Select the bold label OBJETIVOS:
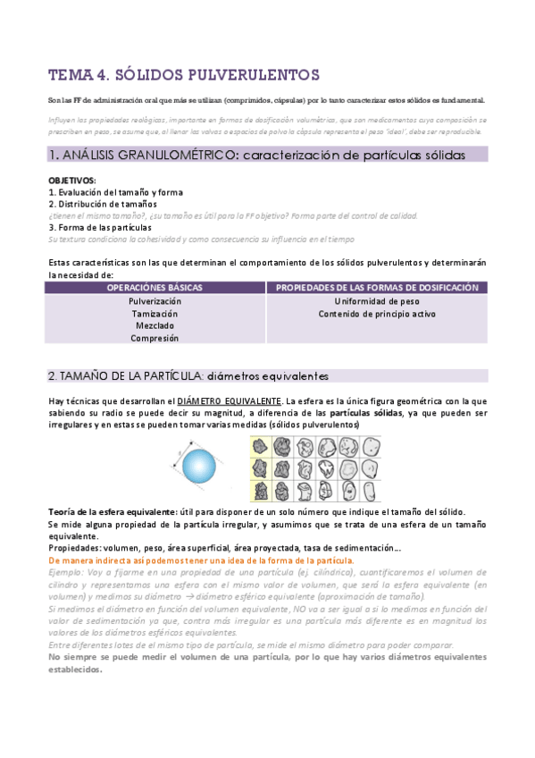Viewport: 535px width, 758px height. pyautogui.click(x=71, y=181)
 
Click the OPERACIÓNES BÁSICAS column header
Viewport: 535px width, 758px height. pyautogui.click(x=155, y=288)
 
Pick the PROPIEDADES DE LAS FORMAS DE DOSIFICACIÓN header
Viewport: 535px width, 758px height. pyautogui.click(x=376, y=288)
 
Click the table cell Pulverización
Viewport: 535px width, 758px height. pyautogui.click(x=155, y=302)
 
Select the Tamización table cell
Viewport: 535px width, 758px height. pyautogui.click(x=155, y=314)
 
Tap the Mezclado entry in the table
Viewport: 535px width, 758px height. pyautogui.click(x=155, y=325)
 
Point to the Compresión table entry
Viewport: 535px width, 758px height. pyautogui.click(x=155, y=338)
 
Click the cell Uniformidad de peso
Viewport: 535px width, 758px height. pyautogui.click(x=376, y=302)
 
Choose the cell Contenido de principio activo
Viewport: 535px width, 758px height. pyautogui.click(x=376, y=314)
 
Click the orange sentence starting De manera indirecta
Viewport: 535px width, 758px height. pyautogui.click(x=201, y=560)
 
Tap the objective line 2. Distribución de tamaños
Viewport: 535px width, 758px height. pyautogui.click(x=103, y=204)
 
